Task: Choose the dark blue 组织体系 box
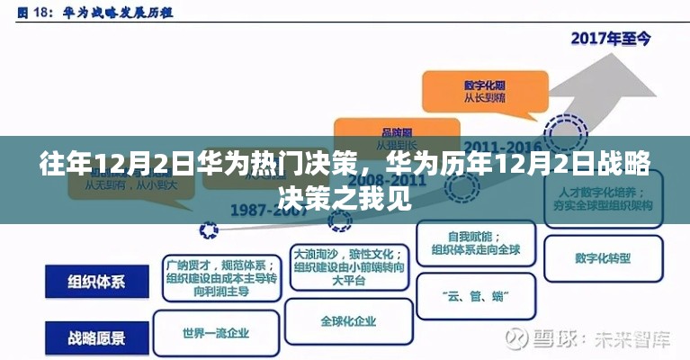point(96,281)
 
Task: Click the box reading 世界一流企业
point(216,334)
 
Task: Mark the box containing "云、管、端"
point(477,296)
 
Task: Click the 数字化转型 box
point(603,257)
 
